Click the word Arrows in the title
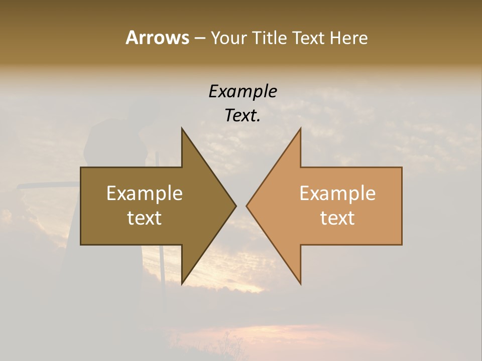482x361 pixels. point(157,38)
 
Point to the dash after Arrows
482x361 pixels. point(199,38)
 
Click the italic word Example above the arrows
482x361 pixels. point(243,92)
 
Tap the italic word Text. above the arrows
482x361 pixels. point(243,116)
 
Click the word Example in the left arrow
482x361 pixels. point(145,194)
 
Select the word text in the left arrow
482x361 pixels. point(145,218)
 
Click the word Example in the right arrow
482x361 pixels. point(337,194)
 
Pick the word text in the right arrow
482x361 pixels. point(337,218)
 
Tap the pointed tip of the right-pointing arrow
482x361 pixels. point(235,206)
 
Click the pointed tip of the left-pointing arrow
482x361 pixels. point(247,206)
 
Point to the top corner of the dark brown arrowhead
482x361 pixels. point(182,129)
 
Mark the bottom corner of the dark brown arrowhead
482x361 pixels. point(182,283)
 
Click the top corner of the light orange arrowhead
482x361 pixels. point(300,129)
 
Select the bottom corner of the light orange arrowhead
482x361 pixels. point(300,283)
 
